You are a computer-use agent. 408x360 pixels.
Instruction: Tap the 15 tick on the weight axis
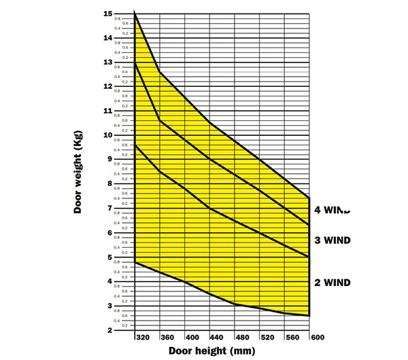(x=108, y=14)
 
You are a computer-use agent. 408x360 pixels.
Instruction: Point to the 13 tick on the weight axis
(x=108, y=62)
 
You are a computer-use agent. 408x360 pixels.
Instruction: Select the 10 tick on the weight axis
(x=108, y=135)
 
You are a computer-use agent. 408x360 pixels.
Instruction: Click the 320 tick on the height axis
(x=141, y=337)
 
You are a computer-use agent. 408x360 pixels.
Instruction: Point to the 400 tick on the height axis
(x=192, y=337)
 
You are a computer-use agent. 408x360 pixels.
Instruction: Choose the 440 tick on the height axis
(x=217, y=337)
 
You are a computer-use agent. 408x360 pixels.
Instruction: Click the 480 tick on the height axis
(x=242, y=337)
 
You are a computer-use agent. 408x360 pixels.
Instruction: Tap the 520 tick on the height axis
(x=267, y=337)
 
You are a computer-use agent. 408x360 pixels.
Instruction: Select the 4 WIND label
(x=333, y=210)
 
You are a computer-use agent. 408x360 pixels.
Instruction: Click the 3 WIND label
(x=333, y=240)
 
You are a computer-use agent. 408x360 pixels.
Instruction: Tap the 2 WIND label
(x=333, y=282)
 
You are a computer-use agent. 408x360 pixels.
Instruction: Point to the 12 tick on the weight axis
(x=108, y=87)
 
